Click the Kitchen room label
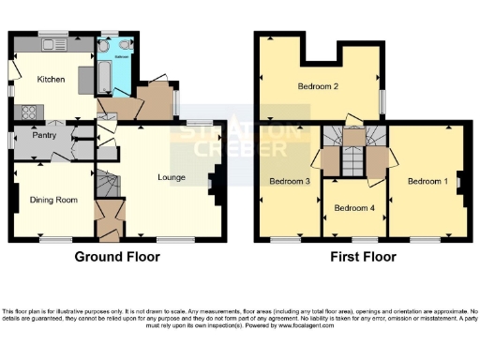[51, 80]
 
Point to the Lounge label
[171, 176]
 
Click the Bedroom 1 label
[427, 181]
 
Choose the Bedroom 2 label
[318, 87]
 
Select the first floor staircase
[352, 155]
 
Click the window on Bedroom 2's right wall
[382, 99]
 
